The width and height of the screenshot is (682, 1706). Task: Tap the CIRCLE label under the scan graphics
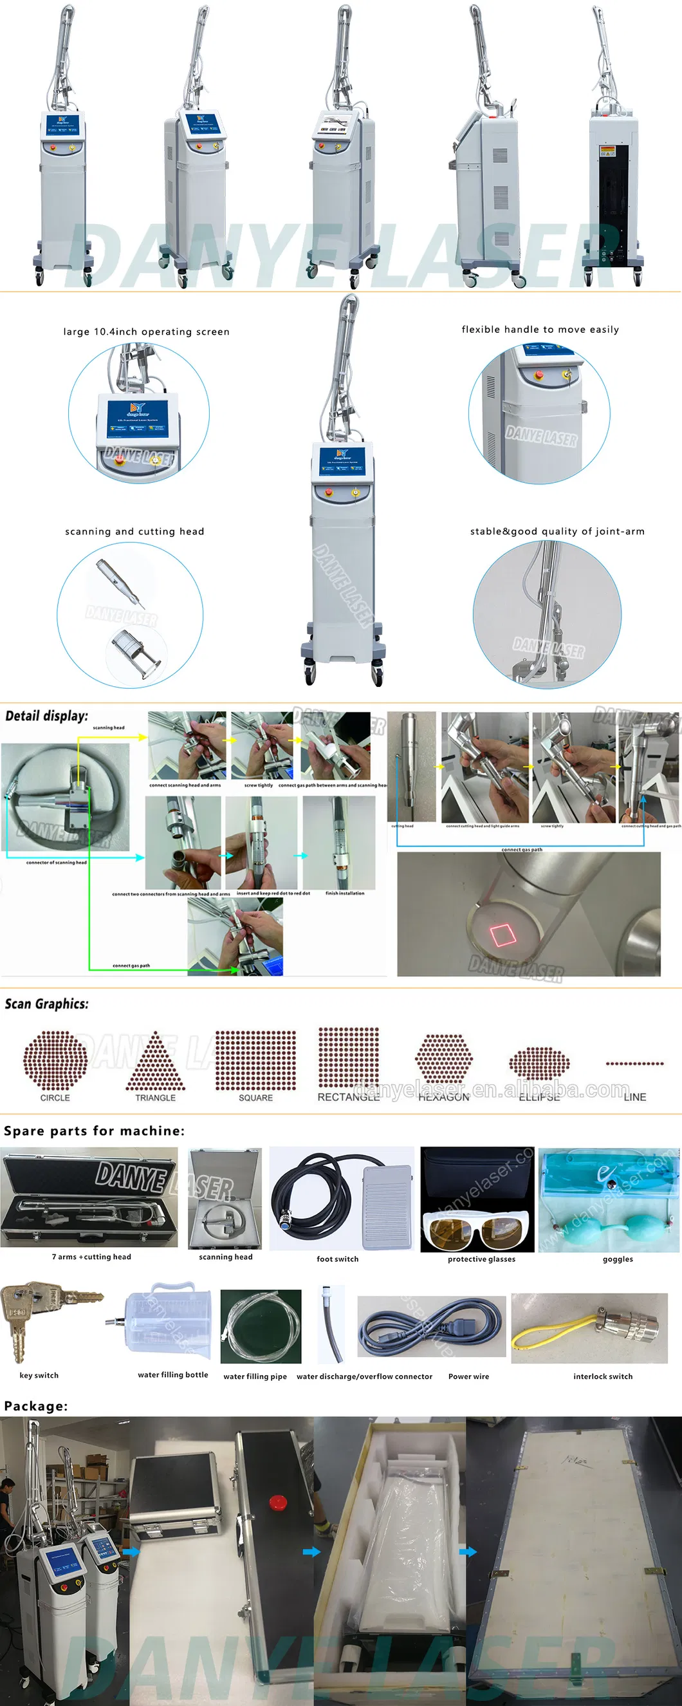[x=55, y=1098]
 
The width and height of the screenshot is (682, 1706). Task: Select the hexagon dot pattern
[x=444, y=1058]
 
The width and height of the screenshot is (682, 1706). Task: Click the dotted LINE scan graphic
[x=634, y=1064]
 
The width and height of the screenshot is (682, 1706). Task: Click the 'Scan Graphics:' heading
[x=46, y=1004]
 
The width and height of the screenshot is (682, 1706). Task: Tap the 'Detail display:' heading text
[x=46, y=716]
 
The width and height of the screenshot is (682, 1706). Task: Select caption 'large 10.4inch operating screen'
[x=146, y=332]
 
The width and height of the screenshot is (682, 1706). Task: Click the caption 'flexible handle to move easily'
[x=540, y=329]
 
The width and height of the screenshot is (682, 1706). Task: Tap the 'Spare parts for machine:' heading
[x=94, y=1131]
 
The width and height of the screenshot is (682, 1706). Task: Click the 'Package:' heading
[x=36, y=1405]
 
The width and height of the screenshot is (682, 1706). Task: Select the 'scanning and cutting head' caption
[x=134, y=531]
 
